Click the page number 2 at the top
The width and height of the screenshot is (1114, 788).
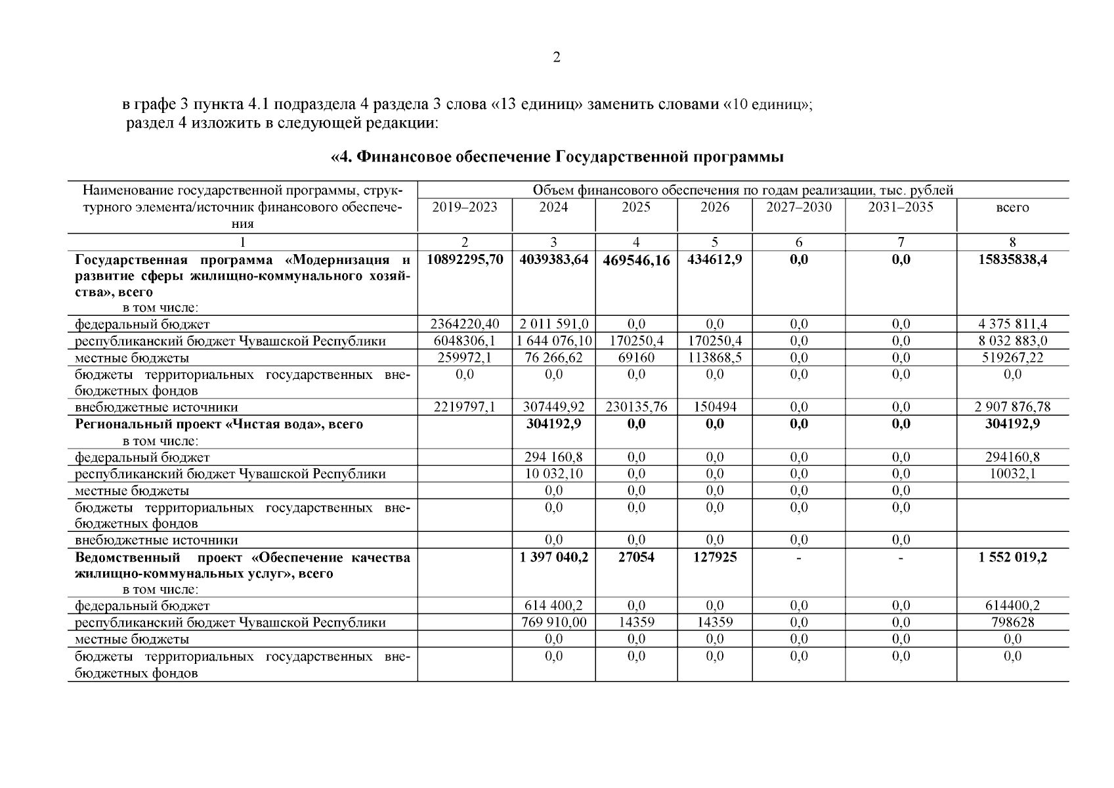557,58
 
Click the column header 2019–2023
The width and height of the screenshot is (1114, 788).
464,208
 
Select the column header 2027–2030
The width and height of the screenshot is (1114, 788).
798,208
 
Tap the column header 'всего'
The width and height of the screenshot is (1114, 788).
1012,208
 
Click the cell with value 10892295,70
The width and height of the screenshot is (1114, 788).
465,260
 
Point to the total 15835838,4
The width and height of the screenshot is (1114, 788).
1012,260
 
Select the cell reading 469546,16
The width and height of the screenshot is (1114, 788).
636,261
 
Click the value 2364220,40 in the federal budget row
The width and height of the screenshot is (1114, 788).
465,324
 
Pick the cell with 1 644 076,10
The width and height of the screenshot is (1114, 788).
553,341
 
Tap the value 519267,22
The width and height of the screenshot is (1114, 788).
1012,358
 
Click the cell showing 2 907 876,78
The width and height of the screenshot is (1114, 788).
1012,407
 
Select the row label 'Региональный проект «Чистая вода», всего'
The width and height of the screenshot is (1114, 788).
219,425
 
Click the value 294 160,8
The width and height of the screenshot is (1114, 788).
553,458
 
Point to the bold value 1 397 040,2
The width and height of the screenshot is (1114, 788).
553,558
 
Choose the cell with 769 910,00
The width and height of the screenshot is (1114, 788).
553,623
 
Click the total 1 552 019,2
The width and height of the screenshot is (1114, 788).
1012,558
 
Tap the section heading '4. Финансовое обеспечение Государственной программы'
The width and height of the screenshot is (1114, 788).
557,158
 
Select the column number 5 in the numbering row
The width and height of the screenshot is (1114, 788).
714,242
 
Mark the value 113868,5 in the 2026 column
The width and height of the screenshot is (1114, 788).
714,358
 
